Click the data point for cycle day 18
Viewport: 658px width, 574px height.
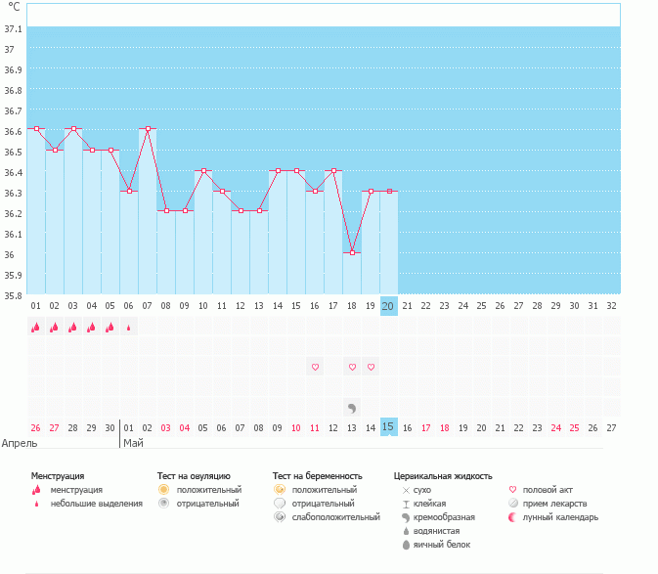point(352,252)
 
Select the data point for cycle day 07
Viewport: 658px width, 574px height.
point(148,128)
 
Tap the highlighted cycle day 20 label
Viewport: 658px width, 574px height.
point(388,305)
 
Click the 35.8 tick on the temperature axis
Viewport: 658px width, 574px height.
point(14,294)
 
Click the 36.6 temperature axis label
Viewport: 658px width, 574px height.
point(14,130)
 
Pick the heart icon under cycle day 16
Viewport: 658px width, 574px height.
point(315,368)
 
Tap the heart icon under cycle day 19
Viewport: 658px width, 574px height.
point(371,368)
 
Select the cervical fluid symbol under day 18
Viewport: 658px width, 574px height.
point(352,407)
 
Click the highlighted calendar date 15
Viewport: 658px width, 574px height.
point(388,426)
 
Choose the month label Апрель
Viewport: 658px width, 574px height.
point(21,443)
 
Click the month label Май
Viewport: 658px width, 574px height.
point(133,443)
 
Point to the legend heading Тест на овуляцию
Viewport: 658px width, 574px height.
point(194,475)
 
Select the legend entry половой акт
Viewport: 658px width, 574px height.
point(547,489)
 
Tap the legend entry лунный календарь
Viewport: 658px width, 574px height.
point(560,516)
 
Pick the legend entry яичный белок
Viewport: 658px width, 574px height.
point(445,544)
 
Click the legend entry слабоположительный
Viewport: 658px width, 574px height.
point(335,516)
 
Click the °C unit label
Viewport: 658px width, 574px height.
point(14,7)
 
